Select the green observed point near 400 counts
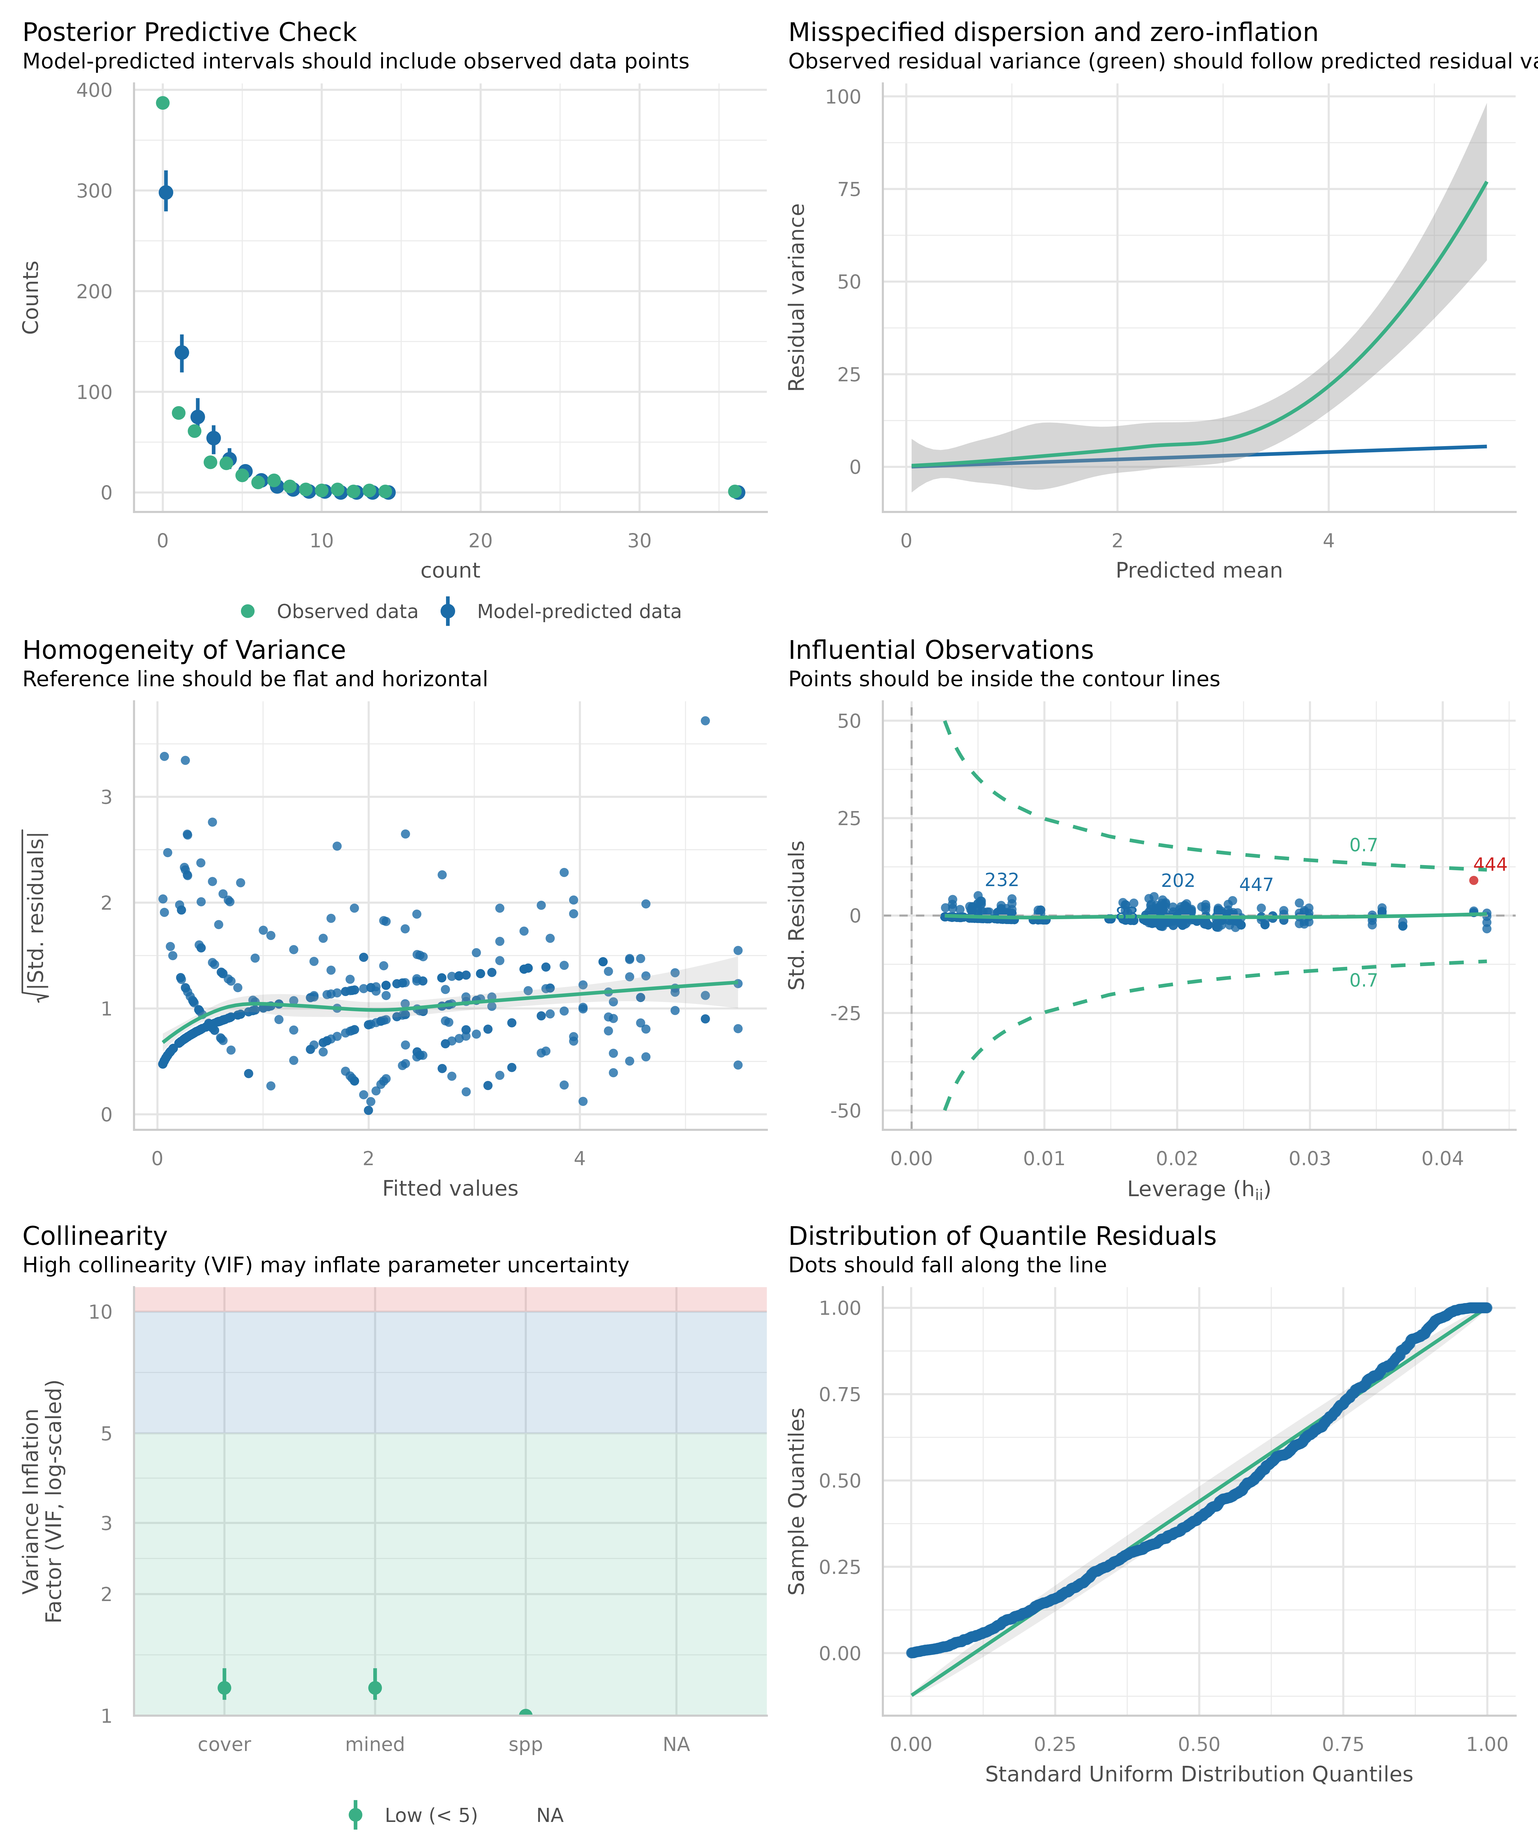pos(163,103)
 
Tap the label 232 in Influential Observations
pos(1001,879)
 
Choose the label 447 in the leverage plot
pos(1256,885)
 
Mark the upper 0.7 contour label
pos(1363,845)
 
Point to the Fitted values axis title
pos(450,1189)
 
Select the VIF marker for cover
pos(224,1688)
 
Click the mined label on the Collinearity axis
pos(375,1745)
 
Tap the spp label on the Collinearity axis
pos(525,1745)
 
